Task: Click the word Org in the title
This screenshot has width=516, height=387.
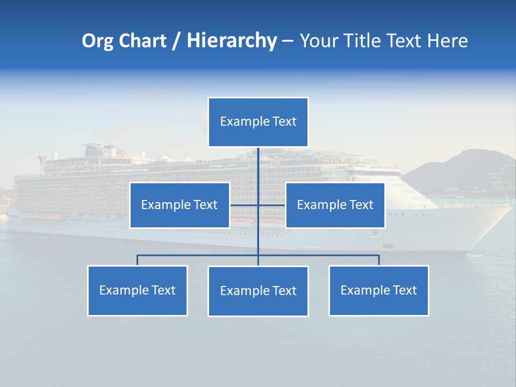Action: coord(98,41)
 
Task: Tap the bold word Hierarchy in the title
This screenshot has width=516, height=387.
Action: coord(231,41)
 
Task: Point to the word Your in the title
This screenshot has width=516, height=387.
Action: coord(318,41)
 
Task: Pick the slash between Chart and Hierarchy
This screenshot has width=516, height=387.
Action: coord(176,41)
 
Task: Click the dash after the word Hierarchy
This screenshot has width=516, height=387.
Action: coord(288,41)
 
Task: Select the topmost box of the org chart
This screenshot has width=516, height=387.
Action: coord(258,122)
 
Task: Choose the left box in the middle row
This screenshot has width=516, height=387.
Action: coord(180,205)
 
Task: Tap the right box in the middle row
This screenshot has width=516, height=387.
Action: coord(335,205)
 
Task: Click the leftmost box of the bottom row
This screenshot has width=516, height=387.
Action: coord(138,291)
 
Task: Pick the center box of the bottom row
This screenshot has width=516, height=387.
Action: coord(258,291)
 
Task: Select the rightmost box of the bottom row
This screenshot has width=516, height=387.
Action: coord(379,291)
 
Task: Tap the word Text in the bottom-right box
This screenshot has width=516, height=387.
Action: coord(404,290)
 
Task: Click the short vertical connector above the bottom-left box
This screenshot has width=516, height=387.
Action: coord(138,260)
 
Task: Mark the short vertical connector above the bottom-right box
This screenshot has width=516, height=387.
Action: coord(379,260)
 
